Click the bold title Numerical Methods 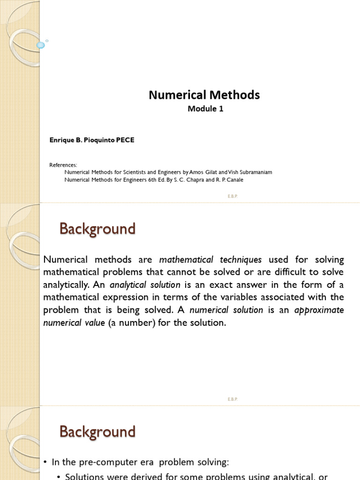pos(204,95)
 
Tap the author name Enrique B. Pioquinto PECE pos(92,140)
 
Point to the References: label pos(63,165)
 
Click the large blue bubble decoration pos(41,45)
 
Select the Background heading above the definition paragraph pos(97,229)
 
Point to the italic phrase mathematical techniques pos(210,260)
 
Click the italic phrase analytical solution pos(145,285)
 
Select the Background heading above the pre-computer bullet pos(97,432)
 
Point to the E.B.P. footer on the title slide pos(233,196)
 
